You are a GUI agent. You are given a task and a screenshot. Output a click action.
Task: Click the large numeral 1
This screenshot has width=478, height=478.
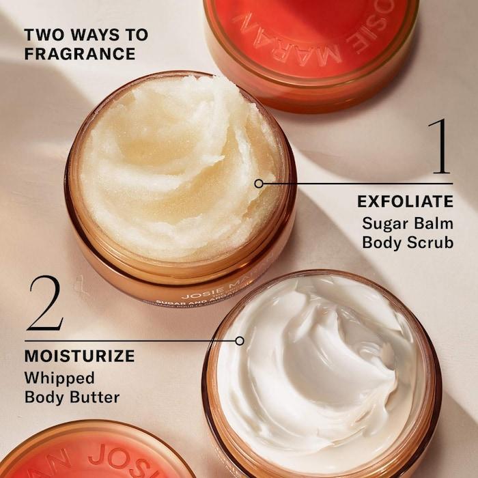click(439, 146)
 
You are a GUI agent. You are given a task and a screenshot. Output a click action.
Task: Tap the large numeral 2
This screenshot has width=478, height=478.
click(45, 305)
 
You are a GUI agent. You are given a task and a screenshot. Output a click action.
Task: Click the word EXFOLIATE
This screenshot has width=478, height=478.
click(405, 201)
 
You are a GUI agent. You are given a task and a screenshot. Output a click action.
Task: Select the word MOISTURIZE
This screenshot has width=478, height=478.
click(79, 356)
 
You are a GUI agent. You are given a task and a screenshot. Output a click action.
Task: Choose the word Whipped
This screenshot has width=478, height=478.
click(59, 378)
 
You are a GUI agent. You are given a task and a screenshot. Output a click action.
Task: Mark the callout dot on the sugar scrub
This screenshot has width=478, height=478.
click(258, 183)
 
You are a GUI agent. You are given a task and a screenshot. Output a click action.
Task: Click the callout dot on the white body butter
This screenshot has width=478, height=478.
click(239, 340)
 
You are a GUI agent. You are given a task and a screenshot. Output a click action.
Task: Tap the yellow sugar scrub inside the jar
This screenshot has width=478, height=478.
click(178, 164)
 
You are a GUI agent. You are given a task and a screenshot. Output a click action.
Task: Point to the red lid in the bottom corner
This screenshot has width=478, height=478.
click(96, 454)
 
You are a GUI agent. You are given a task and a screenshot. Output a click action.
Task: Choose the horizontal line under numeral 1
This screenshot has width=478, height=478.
click(355, 183)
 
